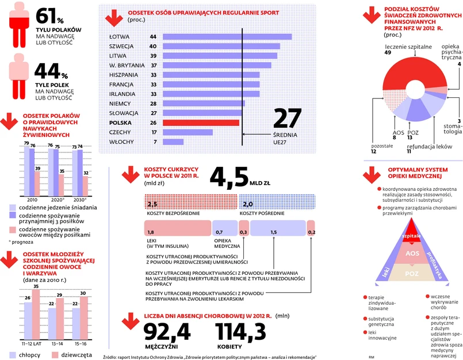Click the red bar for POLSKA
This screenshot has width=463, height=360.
(x=201, y=122)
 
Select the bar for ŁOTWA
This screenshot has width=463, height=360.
(x=227, y=36)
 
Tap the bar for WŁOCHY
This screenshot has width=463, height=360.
(x=173, y=141)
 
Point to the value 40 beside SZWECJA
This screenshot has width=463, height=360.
(x=153, y=46)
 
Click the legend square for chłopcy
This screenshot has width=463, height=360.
(x=12, y=354)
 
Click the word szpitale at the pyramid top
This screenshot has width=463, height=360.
(x=411, y=236)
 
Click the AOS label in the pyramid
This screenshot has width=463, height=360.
(x=411, y=254)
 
